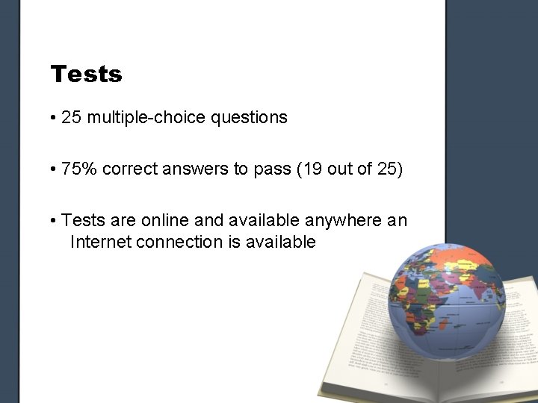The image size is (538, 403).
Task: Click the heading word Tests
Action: (x=86, y=75)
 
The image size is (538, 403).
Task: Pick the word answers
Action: (x=185, y=169)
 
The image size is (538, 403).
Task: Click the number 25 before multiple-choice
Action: (x=72, y=118)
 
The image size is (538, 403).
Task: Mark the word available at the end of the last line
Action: (x=280, y=243)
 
